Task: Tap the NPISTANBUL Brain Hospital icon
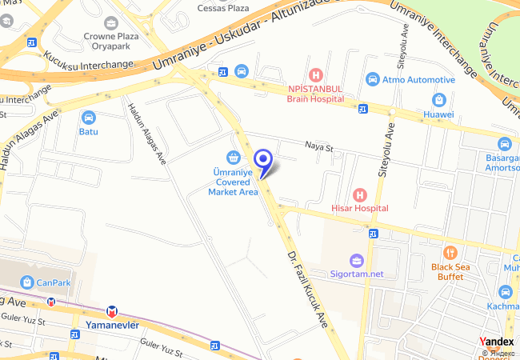tap(316, 74)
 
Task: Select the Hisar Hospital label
tap(360, 208)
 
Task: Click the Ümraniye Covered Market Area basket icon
tap(233, 157)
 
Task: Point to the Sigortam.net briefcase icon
tap(357, 260)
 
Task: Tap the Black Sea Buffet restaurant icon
tap(449, 252)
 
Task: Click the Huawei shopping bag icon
tap(438, 100)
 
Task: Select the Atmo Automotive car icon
tap(372, 79)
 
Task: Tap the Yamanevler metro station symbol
tap(113, 310)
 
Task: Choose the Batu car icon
tap(88, 117)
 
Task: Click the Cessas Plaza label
tap(223, 7)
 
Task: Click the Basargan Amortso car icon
tap(504, 144)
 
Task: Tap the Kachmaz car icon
tap(504, 292)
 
